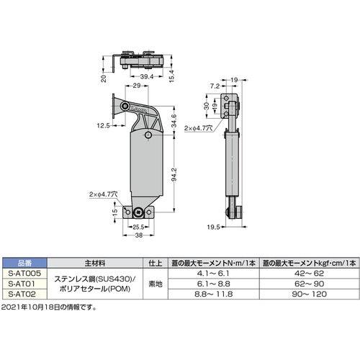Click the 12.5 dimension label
[x=102, y=125]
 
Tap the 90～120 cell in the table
[x=308, y=294]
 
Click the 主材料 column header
[x=96, y=264]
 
